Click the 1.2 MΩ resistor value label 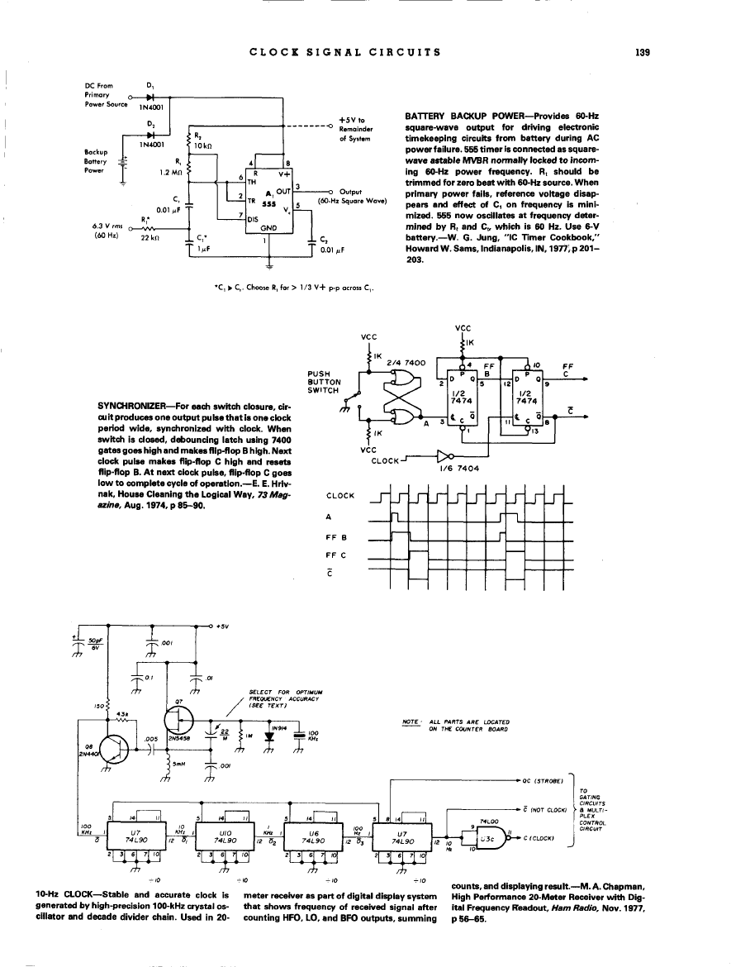170,173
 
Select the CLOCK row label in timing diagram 341,496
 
